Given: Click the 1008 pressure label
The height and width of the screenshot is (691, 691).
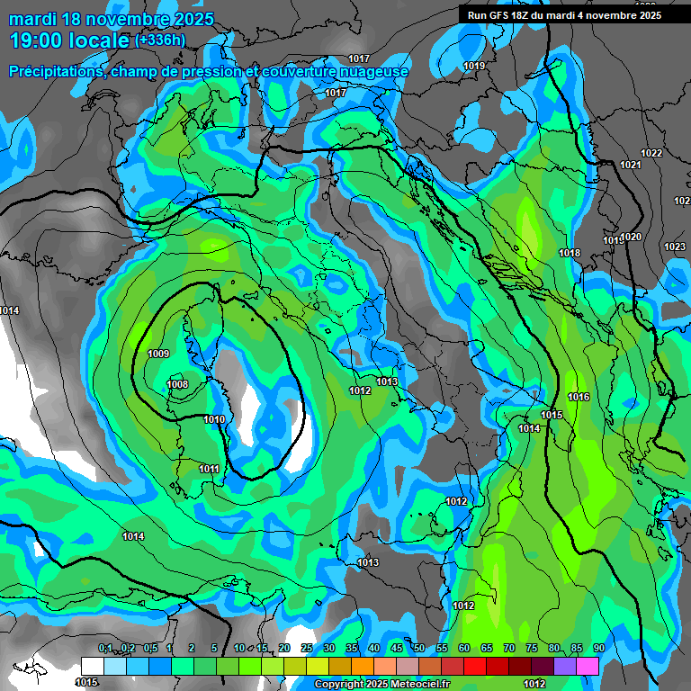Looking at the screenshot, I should click(177, 385).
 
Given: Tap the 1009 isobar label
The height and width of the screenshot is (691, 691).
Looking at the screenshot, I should click(158, 354).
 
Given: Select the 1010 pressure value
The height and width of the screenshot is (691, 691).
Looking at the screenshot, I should click(214, 420).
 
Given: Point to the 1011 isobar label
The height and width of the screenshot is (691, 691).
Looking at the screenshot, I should click(209, 469).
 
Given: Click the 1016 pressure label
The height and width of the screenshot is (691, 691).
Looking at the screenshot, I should click(579, 397).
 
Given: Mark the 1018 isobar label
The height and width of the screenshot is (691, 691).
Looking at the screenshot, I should click(569, 254).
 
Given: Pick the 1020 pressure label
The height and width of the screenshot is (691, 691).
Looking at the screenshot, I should click(632, 237).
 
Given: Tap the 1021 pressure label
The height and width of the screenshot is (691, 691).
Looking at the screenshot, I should click(630, 165).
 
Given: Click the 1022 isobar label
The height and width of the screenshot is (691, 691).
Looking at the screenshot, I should click(651, 153).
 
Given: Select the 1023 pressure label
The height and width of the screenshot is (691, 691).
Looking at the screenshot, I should click(674, 247).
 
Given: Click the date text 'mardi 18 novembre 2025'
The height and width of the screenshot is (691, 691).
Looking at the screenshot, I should click(112, 19).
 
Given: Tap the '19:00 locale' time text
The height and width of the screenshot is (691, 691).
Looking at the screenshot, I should click(70, 40).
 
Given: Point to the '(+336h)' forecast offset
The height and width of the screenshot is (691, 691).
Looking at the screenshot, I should click(160, 40).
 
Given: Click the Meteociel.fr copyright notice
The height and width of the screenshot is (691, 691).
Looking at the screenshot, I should click(382, 684).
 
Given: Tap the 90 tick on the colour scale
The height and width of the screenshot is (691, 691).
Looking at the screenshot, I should click(598, 648).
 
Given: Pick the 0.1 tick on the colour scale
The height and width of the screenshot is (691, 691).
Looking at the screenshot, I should click(105, 648).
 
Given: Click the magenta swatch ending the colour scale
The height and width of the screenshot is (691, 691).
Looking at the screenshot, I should click(588, 666).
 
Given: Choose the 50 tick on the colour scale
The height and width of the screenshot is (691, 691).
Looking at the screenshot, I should click(418, 648).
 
